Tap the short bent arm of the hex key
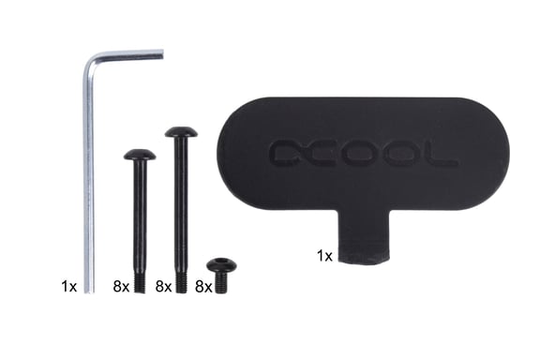point(127,55)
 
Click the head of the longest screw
point(181,132)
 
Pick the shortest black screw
point(221,275)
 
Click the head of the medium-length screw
point(140,154)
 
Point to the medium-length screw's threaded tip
point(140,282)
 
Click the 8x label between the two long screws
point(161,284)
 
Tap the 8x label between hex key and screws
point(119,284)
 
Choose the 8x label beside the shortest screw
point(202,284)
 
